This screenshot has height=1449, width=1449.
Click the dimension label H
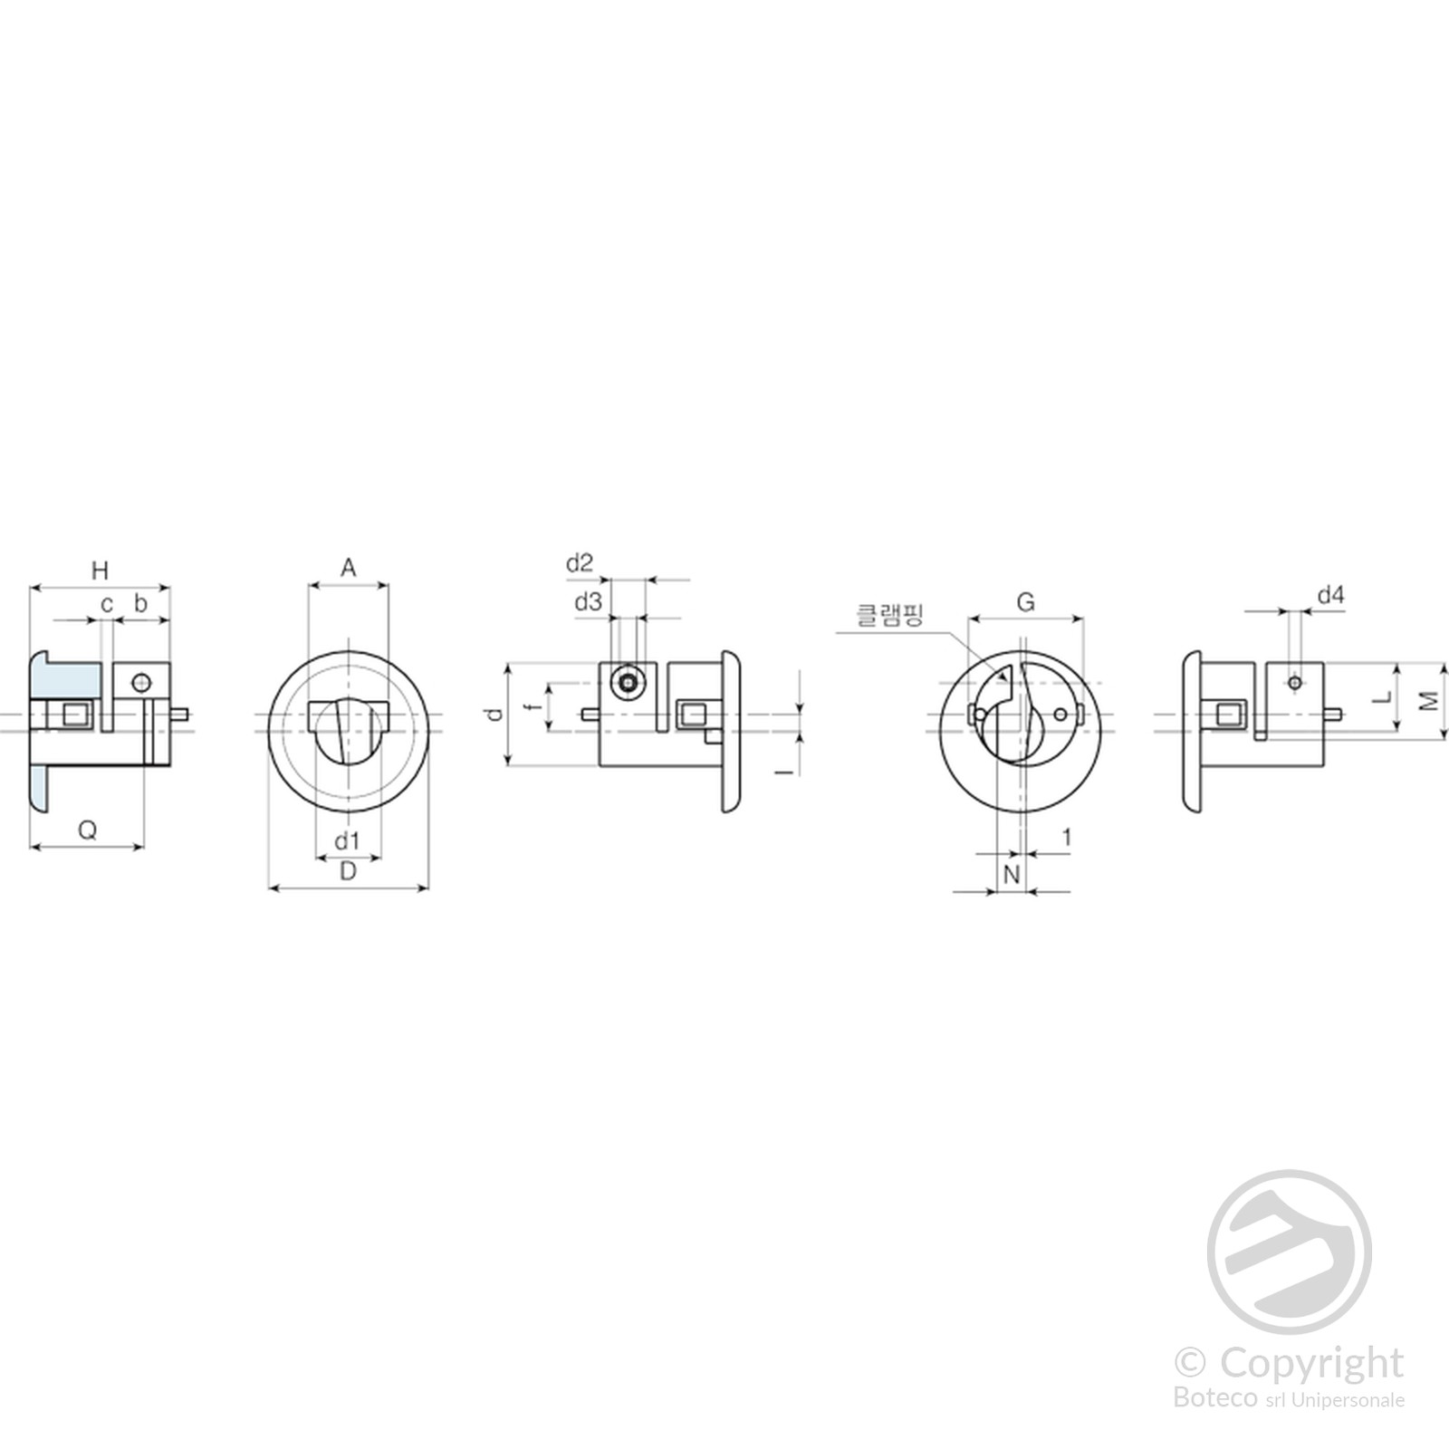100,571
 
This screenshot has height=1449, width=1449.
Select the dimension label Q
88,830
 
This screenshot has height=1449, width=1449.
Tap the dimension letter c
107,604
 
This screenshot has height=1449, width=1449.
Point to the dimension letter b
140,602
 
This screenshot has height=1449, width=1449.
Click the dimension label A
348,568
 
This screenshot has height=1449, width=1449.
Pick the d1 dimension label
347,841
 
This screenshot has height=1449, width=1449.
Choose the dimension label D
348,871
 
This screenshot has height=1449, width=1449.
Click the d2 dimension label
580,563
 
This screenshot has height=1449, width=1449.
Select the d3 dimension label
588,601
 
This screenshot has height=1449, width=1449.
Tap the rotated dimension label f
534,705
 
